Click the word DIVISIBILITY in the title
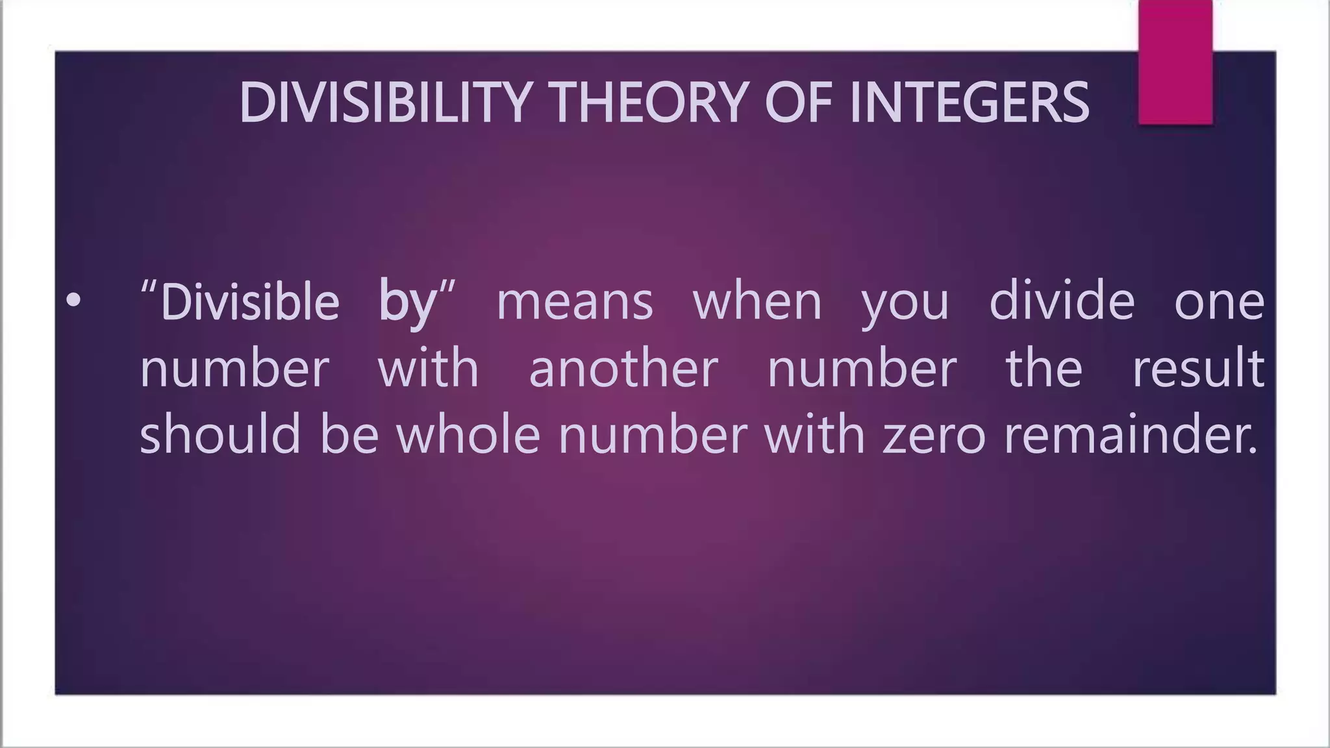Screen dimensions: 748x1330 click(x=383, y=103)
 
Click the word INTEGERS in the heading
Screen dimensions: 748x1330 click(x=969, y=103)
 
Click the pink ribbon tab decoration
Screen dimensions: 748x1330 click(x=1175, y=62)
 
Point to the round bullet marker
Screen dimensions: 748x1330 click(x=73, y=301)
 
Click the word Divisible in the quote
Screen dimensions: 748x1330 click(x=250, y=302)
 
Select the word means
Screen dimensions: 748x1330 click(x=574, y=303)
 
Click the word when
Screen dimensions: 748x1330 click(x=757, y=302)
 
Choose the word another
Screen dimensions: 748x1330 click(x=623, y=368)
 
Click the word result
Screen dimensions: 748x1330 click(x=1198, y=368)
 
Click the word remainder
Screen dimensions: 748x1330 click(x=1130, y=435)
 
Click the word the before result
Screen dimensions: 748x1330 click(x=1044, y=368)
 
